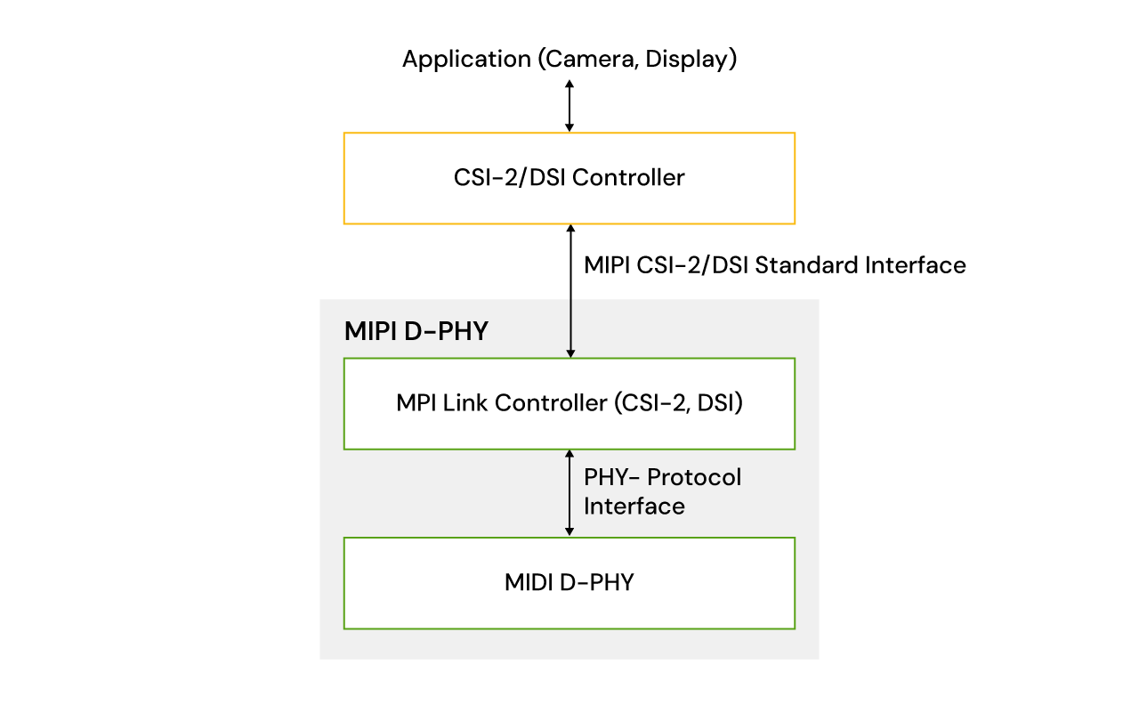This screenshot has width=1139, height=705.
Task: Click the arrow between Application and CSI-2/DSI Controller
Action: pyautogui.click(x=569, y=105)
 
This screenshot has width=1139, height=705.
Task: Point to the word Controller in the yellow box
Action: pyautogui.click(x=628, y=178)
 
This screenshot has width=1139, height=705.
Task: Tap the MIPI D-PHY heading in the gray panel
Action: pyautogui.click(x=416, y=332)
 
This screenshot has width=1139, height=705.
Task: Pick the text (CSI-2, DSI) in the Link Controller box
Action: pyautogui.click(x=678, y=403)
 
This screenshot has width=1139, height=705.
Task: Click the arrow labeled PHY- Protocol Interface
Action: pyautogui.click(x=569, y=493)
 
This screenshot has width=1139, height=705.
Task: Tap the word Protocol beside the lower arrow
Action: pyautogui.click(x=694, y=477)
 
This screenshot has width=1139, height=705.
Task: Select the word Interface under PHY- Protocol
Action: pyautogui.click(x=634, y=506)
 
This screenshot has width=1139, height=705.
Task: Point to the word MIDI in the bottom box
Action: pyautogui.click(x=530, y=583)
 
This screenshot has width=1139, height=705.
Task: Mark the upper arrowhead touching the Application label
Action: pyautogui.click(x=569, y=83)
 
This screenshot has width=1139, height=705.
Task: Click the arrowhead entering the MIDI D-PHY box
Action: pyautogui.click(x=569, y=531)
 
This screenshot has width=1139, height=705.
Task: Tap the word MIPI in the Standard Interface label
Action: pyautogui.click(x=607, y=265)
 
